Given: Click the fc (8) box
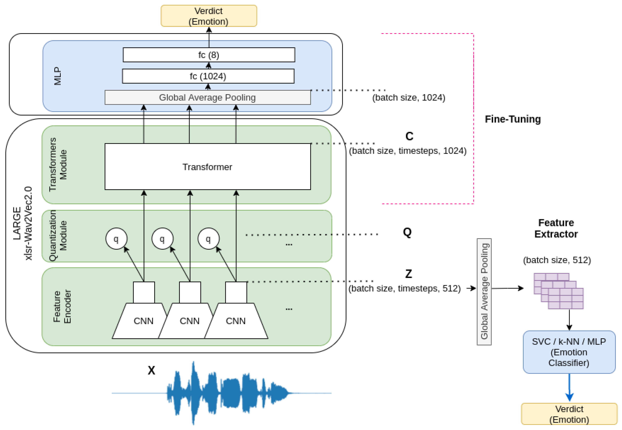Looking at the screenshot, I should (209, 55).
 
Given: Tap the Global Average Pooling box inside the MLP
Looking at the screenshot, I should (207, 97).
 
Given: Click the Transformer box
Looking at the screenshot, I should (207, 167).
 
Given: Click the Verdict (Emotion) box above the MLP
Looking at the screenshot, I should (209, 16).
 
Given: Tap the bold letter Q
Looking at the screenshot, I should (407, 232).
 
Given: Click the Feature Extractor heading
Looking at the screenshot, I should (556, 228).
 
